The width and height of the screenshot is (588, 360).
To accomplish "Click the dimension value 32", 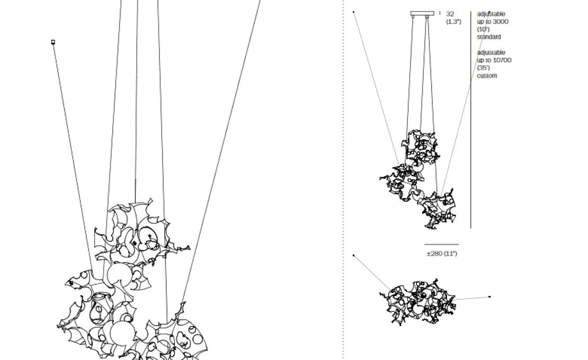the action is [x=450, y=14].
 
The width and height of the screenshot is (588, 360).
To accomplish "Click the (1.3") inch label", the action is [x=453, y=22].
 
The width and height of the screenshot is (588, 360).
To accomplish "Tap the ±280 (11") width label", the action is [x=442, y=254].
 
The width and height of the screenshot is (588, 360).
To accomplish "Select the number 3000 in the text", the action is [x=501, y=22].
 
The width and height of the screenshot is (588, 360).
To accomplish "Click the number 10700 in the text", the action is [x=502, y=60].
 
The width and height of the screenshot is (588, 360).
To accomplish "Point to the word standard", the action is [x=488, y=37].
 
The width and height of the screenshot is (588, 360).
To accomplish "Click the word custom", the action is [x=487, y=76].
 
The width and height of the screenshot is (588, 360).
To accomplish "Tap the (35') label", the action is [x=483, y=68].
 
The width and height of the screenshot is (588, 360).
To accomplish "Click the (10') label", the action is [x=483, y=29].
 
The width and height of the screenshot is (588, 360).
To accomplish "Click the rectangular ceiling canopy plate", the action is [x=422, y=13].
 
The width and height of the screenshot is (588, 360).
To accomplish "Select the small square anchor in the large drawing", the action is [x=54, y=42].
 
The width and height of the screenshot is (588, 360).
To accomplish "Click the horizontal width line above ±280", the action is [x=441, y=245].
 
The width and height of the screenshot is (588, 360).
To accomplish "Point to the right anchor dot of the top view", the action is [x=490, y=296].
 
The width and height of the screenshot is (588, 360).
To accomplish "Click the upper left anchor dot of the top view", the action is [x=354, y=256].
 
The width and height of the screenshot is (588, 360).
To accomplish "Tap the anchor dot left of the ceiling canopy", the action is [x=354, y=12].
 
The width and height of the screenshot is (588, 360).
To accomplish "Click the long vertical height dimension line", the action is [x=470, y=120].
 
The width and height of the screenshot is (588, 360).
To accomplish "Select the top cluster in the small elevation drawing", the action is [x=420, y=147].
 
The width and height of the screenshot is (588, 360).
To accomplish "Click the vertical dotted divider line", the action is [x=343, y=180].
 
